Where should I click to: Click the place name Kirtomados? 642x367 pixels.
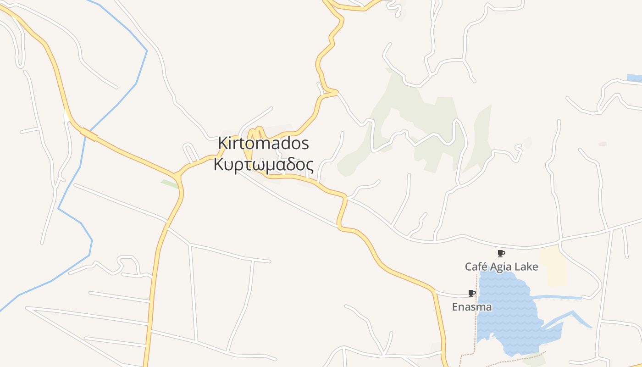click(263, 143)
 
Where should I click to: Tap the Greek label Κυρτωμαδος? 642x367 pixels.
click(263, 164)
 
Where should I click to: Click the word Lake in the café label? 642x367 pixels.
click(526, 267)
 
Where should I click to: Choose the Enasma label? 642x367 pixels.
click(471, 307)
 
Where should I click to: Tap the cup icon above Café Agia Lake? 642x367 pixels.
click(501, 253)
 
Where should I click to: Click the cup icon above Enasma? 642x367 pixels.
click(471, 293)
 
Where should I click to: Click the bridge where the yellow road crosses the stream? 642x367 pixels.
click(89, 134)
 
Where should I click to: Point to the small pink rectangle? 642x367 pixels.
click(602, 144)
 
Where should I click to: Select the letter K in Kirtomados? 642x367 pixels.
click(222, 143)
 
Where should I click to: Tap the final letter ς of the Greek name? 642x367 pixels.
click(310, 165)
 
